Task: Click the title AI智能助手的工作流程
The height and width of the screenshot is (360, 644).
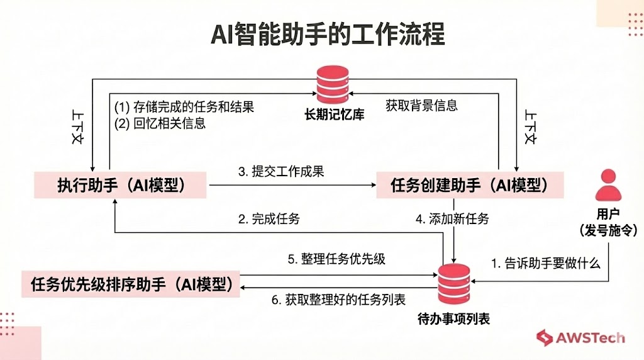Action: point(327,35)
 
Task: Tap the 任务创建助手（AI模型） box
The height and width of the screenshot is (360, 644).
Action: point(469,185)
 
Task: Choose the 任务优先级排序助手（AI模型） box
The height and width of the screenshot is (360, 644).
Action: point(131,284)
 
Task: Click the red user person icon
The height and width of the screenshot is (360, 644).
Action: point(608,186)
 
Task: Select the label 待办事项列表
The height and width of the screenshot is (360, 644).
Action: point(453,318)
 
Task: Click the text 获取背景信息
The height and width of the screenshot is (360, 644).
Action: point(421,105)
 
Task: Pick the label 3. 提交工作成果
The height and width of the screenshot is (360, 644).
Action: point(281,171)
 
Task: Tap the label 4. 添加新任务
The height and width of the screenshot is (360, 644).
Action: point(452,220)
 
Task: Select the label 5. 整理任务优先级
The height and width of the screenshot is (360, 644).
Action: point(336,259)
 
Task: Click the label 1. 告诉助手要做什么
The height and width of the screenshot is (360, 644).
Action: point(545,263)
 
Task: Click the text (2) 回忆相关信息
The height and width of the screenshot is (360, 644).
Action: point(160,123)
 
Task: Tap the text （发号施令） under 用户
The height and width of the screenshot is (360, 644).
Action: point(608,230)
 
